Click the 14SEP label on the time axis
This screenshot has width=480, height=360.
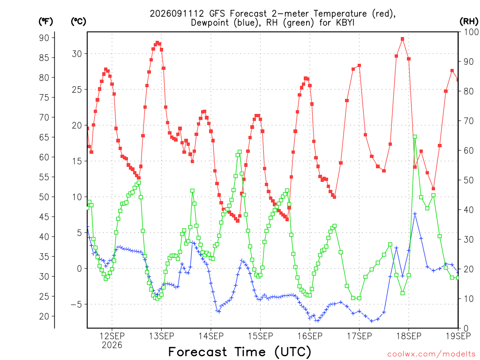coord(211,336)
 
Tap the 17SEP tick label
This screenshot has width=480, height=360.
coord(360,336)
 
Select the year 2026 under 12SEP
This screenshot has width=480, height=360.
coord(112,345)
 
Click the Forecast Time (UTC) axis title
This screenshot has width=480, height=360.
coord(240,352)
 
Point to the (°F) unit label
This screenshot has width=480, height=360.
coord(45,22)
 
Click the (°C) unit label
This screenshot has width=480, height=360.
coord(78,22)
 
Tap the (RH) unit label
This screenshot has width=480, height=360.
coord(469,22)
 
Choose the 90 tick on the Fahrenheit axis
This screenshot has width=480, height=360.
coord(44,37)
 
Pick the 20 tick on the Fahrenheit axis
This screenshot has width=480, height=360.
coord(44,316)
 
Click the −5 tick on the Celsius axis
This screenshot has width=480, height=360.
coord(76,304)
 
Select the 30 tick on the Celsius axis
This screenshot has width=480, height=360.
coord(77,53)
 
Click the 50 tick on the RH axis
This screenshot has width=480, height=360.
coord(469,180)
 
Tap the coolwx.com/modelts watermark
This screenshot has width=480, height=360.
coord(431,354)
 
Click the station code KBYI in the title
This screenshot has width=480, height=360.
coord(345,22)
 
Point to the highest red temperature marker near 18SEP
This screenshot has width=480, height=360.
coord(402,39)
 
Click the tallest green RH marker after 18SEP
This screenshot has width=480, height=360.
coord(415,137)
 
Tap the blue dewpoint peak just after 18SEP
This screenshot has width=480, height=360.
coord(415,214)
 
